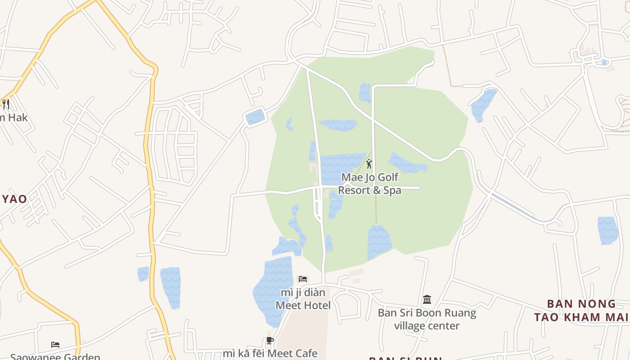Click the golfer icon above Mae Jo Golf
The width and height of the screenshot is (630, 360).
(x=369, y=164)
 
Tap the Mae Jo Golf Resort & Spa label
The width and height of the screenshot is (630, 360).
(x=369, y=184)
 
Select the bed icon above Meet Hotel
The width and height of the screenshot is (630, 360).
(x=303, y=279)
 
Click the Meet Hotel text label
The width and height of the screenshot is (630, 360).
(x=303, y=306)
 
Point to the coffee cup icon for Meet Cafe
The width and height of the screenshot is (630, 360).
(x=270, y=341)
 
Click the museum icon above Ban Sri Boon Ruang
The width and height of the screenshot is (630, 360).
(x=427, y=299)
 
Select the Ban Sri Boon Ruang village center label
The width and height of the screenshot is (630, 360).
(x=427, y=319)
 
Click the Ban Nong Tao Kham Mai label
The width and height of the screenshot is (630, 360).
(x=581, y=310)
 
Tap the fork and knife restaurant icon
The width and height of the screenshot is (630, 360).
(x=6, y=104)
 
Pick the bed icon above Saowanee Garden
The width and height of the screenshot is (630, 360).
(x=55, y=345)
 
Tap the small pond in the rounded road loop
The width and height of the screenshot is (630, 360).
(x=255, y=117)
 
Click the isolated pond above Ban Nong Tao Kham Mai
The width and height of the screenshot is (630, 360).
(x=608, y=230)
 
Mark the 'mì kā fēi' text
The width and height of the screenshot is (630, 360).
(x=243, y=354)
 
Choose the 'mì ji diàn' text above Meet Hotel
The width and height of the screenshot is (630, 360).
(x=303, y=292)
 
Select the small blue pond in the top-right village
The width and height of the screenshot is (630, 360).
(x=605, y=62)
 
